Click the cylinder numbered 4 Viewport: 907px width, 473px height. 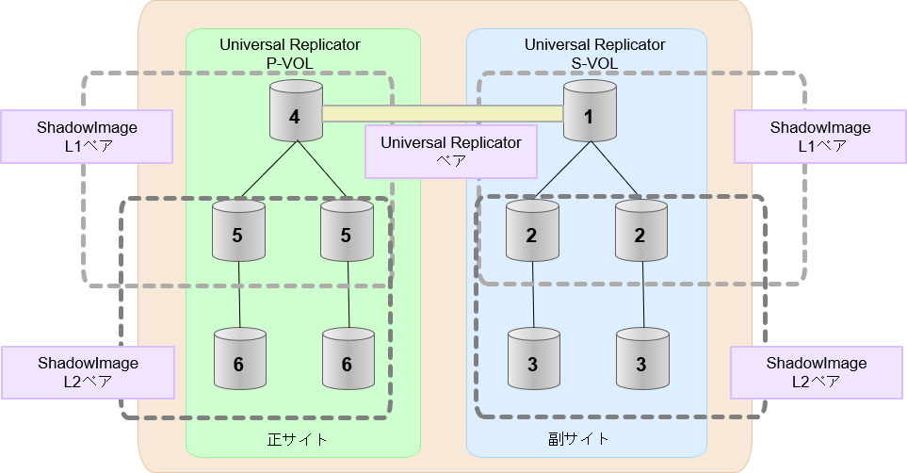pyautogui.click(x=296, y=112)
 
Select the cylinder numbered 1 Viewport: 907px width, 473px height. pyautogui.click(x=590, y=112)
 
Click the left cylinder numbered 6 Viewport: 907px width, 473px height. pyautogui.click(x=239, y=359)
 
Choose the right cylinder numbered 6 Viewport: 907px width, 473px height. pyautogui.click(x=348, y=359)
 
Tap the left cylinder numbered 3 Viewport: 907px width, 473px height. pyautogui.click(x=534, y=359)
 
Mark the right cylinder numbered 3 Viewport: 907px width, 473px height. pyautogui.click(x=642, y=359)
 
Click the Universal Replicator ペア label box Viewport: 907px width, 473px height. pyautogui.click(x=450, y=152)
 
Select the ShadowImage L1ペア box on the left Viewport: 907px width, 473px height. pyautogui.click(x=86, y=137)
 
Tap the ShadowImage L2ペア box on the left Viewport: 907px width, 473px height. pyautogui.click(x=88, y=372)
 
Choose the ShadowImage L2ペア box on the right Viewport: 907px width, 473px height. pyautogui.click(x=816, y=372)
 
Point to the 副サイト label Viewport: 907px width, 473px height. pyautogui.click(x=578, y=439)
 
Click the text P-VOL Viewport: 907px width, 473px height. pyautogui.click(x=290, y=62)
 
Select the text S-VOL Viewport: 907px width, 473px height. pyautogui.click(x=595, y=62)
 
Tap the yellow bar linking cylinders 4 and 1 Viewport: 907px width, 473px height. pyautogui.click(x=443, y=114)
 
